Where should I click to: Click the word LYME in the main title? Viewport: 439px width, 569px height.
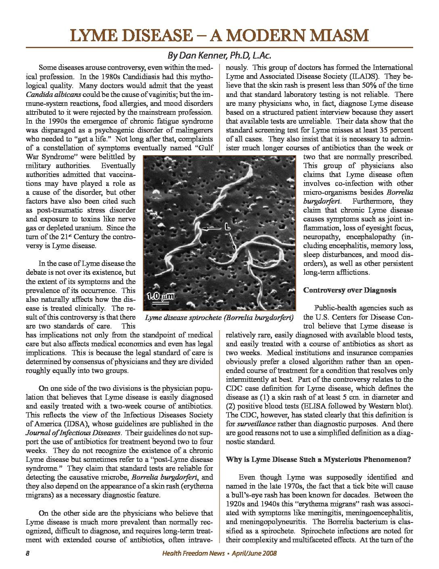pos(92,36)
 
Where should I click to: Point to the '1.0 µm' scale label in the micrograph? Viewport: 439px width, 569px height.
pos(160,297)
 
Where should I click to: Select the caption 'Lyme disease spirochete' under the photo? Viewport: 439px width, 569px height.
pos(183,317)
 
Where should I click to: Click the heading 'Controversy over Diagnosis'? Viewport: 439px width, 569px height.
pos(349,290)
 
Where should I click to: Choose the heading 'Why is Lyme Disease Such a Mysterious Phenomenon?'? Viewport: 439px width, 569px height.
pos(318,459)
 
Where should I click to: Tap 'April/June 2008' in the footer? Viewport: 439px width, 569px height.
pos(254,554)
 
